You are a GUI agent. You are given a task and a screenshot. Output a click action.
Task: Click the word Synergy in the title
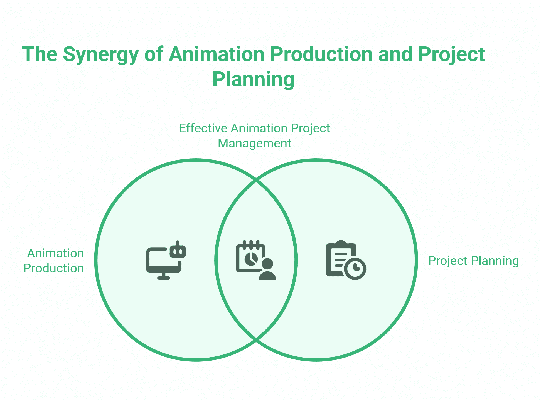[x=100, y=55]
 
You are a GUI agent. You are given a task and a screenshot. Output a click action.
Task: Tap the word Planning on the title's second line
[x=253, y=79]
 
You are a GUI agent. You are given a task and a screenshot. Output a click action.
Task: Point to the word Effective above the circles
[x=203, y=129]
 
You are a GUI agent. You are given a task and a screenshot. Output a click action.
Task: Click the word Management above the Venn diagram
[x=254, y=144]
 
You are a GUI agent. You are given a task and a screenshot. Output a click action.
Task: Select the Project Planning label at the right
[x=473, y=261]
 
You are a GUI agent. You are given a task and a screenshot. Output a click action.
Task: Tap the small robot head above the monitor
[x=178, y=251]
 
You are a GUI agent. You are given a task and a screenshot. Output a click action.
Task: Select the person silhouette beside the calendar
[x=267, y=269]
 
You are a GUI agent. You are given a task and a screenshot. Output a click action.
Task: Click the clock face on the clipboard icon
[x=355, y=268]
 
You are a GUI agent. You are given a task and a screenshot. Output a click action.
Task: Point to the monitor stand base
[x=164, y=278]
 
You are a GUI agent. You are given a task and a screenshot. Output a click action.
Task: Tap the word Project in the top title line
[x=451, y=55]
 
